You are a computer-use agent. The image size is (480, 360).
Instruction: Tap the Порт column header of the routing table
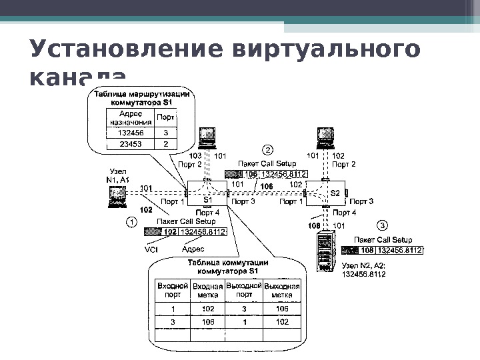pos(166,118)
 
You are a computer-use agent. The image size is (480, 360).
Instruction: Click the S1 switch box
pos(207,194)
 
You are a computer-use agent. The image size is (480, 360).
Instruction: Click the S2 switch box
pos(335,193)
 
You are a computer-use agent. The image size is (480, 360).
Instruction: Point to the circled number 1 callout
pos(132,222)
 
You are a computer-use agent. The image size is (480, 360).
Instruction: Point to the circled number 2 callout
pos(267,149)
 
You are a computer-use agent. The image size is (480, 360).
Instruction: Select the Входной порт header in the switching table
pos(172,290)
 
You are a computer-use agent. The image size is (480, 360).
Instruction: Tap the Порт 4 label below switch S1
pos(207,213)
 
